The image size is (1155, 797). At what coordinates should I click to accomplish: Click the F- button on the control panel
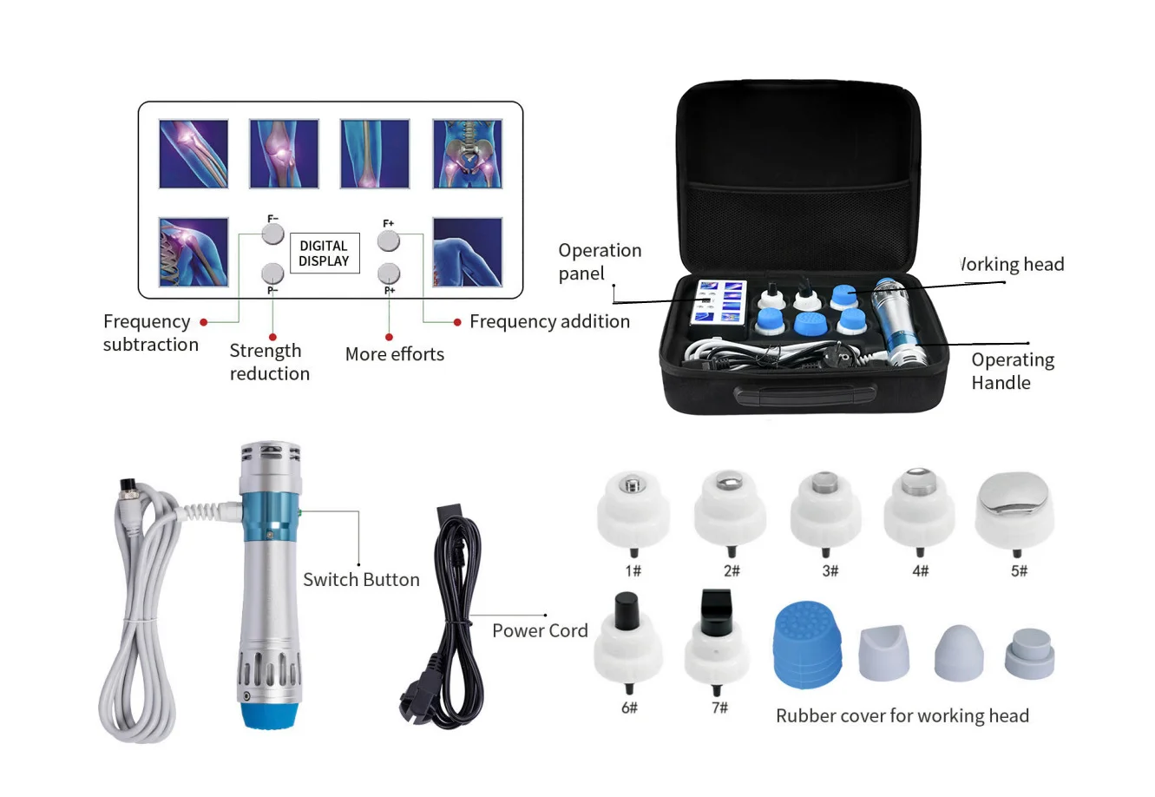(x=272, y=234)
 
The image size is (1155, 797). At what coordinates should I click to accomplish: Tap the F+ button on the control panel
(x=388, y=240)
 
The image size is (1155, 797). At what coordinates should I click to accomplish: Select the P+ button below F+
(x=389, y=273)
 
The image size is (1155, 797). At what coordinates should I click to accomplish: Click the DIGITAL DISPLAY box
(x=325, y=253)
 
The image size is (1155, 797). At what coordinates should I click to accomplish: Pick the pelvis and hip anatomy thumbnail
(x=467, y=154)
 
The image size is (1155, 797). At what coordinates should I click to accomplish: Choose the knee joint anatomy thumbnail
(x=284, y=154)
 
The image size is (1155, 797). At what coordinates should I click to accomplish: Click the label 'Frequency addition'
(x=549, y=321)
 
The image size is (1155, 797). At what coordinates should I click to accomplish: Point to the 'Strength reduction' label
(x=270, y=362)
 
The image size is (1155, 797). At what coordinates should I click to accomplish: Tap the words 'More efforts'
(x=395, y=354)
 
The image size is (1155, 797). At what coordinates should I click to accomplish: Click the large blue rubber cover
(x=807, y=644)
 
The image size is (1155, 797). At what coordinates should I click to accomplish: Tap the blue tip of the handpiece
(x=269, y=715)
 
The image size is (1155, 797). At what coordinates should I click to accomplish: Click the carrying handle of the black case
(x=805, y=395)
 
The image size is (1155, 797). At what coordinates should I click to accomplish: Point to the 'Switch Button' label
(x=362, y=579)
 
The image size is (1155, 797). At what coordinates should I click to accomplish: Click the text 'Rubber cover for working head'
(x=902, y=715)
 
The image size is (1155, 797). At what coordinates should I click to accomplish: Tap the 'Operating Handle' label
(x=1013, y=371)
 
